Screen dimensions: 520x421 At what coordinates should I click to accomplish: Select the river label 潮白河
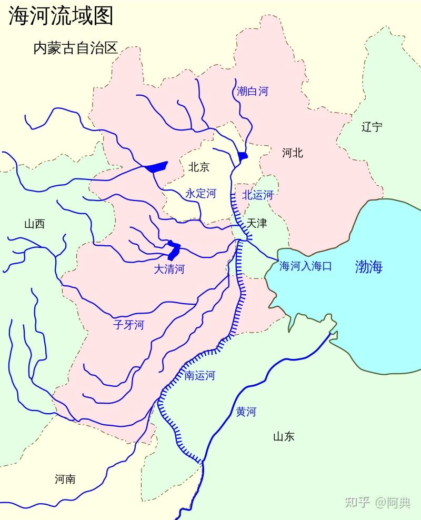click(x=253, y=91)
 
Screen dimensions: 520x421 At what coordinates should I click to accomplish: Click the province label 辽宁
click(x=372, y=127)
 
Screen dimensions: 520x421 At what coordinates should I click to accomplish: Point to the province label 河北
click(x=293, y=153)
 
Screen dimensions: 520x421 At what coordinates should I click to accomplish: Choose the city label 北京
click(x=199, y=167)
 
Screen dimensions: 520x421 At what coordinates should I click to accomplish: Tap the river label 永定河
click(x=201, y=194)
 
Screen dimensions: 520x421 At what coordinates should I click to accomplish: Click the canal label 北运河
click(x=258, y=195)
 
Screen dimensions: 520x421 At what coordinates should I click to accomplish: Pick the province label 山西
click(x=34, y=224)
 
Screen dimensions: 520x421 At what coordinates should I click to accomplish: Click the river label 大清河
click(x=169, y=269)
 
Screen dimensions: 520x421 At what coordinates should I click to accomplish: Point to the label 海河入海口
click(x=305, y=266)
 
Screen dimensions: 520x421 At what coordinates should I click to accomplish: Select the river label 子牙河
click(x=128, y=325)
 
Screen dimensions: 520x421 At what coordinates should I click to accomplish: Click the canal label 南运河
click(x=199, y=375)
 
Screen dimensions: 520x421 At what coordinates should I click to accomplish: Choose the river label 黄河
click(x=246, y=412)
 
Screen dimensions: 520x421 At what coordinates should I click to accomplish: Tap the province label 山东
click(x=284, y=436)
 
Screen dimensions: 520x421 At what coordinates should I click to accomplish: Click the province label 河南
click(x=65, y=479)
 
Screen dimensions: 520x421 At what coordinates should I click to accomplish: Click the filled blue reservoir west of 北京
click(x=156, y=167)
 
